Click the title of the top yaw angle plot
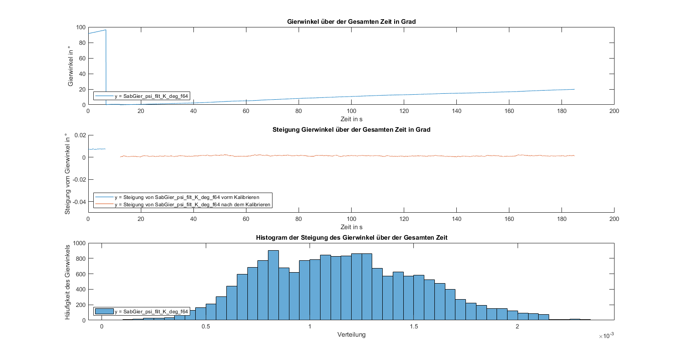click(351, 21)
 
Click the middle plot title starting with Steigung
click(351, 129)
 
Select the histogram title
click(351, 237)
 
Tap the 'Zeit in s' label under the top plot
click(351, 119)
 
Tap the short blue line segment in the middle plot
click(97, 149)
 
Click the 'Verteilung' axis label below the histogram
click(351, 335)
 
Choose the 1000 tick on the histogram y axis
click(79, 243)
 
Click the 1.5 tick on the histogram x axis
click(413, 327)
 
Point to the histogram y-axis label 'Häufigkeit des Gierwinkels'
click(68, 281)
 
